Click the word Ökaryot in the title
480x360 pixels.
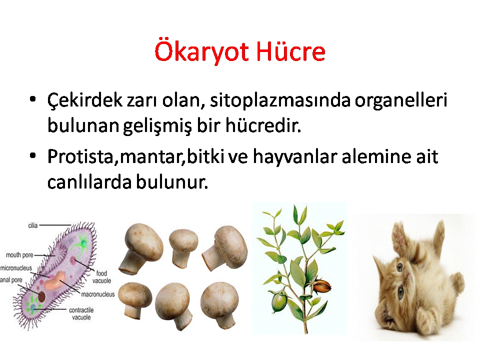tap(201, 51)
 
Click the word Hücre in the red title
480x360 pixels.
tap(290, 50)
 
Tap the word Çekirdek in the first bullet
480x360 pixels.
tap(84, 100)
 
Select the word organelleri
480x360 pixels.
tap(401, 100)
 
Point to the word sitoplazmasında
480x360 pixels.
tap(280, 100)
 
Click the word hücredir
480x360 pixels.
tap(263, 125)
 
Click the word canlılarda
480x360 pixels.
tap(89, 182)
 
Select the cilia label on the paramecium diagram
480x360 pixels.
tap(33, 225)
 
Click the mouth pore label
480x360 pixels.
tap(19, 255)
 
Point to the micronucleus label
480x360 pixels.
tap(16, 268)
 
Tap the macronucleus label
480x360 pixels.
tap(97, 294)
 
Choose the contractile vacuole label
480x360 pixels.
tap(81, 314)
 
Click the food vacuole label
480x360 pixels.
tap(101, 277)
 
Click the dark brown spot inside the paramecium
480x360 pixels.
tap(41, 296)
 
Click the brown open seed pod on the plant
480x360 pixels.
tap(322, 286)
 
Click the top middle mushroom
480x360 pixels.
tap(183, 248)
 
